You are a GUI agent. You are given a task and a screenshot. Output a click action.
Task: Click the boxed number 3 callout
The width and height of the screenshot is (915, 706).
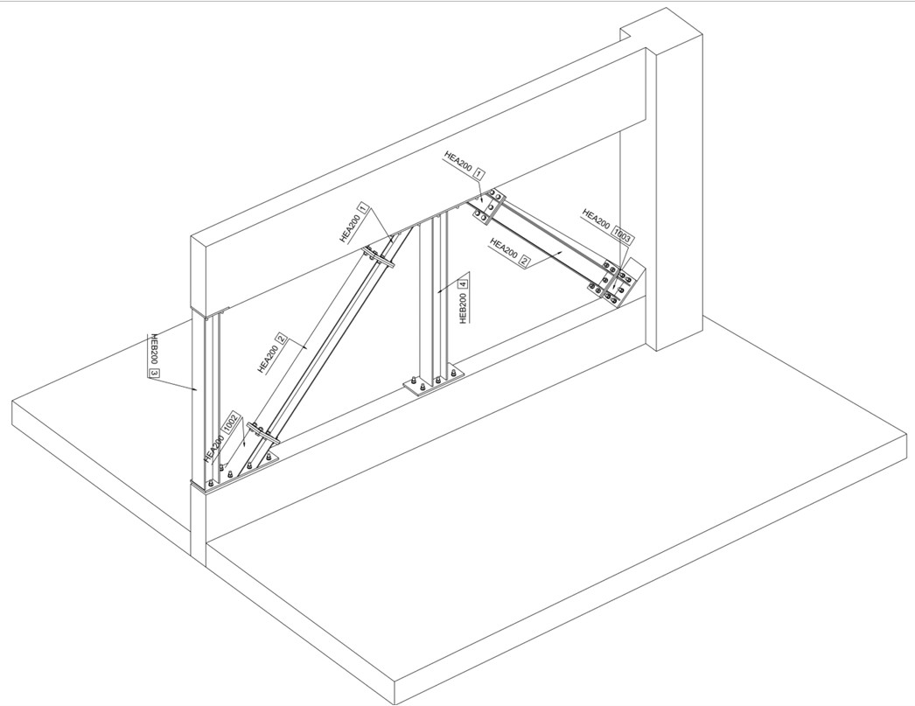tap(154, 374)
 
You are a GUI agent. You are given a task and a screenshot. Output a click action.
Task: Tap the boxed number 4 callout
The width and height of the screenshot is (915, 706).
tap(464, 285)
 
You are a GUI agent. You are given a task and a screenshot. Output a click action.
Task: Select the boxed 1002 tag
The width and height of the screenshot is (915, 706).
tap(232, 423)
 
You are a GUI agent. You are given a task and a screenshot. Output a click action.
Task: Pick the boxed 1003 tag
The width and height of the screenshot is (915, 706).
tap(623, 234)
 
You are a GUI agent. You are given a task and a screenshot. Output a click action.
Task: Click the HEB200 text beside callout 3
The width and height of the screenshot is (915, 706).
tap(155, 350)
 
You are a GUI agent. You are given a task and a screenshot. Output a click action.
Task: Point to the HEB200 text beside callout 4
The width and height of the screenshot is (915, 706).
tap(464, 307)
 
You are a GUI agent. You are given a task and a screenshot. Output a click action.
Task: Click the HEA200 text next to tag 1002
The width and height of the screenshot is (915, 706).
tap(214, 448)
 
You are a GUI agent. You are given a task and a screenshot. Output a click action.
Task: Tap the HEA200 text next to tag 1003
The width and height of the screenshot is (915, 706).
tap(597, 219)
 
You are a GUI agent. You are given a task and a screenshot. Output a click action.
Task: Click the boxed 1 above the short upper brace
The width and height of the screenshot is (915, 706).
tap(479, 174)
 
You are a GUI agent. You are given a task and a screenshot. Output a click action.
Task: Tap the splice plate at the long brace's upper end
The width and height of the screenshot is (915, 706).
tap(380, 256)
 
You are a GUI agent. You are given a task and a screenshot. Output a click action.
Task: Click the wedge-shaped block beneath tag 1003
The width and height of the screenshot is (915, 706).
tap(629, 286)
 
